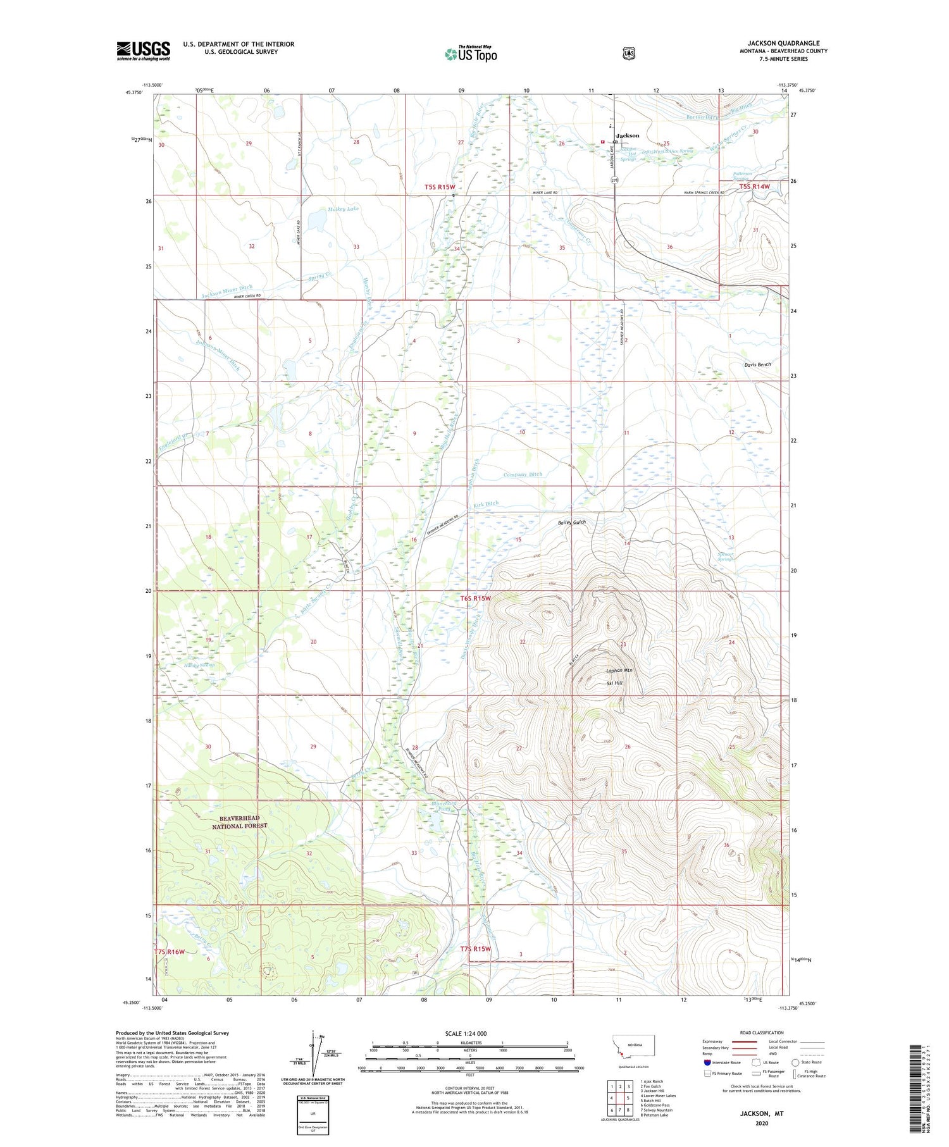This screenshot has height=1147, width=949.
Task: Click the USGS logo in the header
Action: (143, 51)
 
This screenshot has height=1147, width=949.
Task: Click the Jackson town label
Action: (628, 135)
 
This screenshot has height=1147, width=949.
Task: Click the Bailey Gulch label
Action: (571, 523)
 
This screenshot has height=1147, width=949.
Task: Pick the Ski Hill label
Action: (614, 683)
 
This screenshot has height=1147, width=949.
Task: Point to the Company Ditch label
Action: (523, 474)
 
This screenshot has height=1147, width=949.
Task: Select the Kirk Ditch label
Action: (486, 504)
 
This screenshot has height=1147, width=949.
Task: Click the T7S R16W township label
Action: (170, 952)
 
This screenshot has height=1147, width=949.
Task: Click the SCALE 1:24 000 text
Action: (466, 1033)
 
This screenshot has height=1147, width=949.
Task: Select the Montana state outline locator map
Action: (633, 1047)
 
